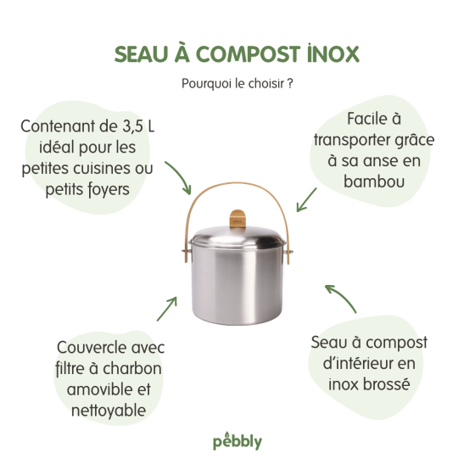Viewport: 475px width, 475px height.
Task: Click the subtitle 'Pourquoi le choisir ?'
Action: [237, 84]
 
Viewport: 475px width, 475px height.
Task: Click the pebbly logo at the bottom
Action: [237, 442]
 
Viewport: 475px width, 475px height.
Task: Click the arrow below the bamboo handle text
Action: [306, 199]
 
